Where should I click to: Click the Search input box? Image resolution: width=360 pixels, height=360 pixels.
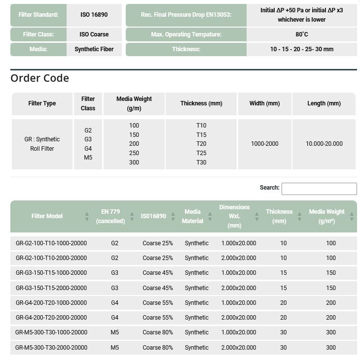pos(319,189)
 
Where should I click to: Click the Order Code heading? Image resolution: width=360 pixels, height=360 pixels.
pos(39,78)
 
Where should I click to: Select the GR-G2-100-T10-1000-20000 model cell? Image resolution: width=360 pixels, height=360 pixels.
pos(51,243)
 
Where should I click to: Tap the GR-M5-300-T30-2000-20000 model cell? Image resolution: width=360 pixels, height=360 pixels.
pos(51,348)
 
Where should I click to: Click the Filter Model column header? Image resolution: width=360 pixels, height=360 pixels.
pos(47,216)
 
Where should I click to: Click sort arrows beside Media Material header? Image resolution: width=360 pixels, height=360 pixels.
pos(210,216)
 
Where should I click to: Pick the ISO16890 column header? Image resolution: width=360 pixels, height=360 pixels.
pos(153,216)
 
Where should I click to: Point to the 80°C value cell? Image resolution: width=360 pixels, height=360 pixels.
pos(301,34)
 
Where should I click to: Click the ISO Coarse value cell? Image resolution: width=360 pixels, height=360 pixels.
pos(94,34)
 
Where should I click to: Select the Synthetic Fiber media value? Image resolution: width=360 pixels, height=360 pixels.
pos(94,49)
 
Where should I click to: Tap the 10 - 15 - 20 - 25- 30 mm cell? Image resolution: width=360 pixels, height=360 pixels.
pos(301,49)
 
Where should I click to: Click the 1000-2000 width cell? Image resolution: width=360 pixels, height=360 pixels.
pos(264,144)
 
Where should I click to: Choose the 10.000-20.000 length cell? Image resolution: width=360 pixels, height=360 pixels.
pos(324,144)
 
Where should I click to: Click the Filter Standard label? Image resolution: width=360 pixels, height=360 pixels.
pos(38,15)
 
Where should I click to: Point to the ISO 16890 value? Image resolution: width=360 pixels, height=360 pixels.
pos(94,15)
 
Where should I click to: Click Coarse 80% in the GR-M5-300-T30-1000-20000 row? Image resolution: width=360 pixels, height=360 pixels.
pos(157,333)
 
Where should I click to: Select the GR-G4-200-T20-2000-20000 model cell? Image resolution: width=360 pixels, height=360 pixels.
pos(51,318)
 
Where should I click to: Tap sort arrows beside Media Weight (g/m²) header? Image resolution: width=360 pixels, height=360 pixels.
pos(352,216)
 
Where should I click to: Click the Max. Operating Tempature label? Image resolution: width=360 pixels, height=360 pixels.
pos(186,34)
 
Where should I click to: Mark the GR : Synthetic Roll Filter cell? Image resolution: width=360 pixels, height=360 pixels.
pos(42,144)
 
